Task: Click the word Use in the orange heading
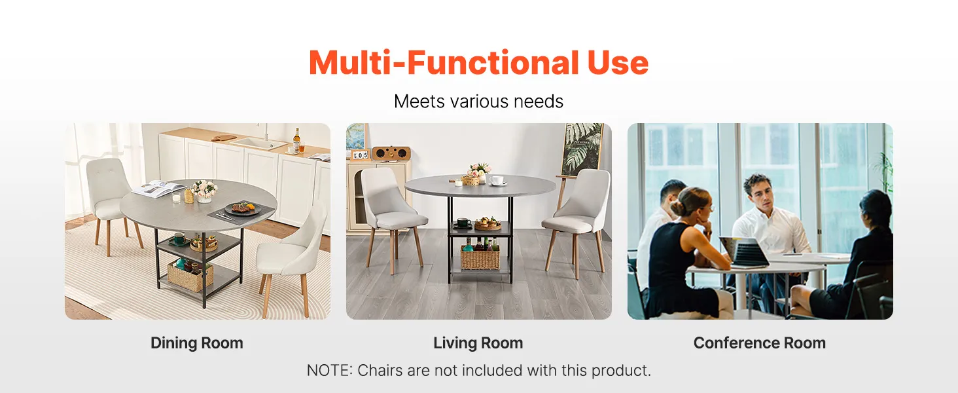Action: pyautogui.click(x=618, y=63)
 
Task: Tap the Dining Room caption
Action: pyautogui.click(x=197, y=343)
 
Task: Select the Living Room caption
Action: pyautogui.click(x=478, y=343)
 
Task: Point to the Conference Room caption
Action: pyautogui.click(x=760, y=343)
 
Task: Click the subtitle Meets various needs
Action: pyautogui.click(x=478, y=102)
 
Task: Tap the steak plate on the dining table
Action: pyautogui.click(x=243, y=208)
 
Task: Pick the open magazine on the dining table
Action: pyautogui.click(x=158, y=188)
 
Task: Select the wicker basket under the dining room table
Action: pyautogui.click(x=190, y=276)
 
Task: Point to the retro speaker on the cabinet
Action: pyautogui.click(x=391, y=153)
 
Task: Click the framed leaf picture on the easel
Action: pyautogui.click(x=582, y=149)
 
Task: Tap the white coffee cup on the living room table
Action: pyautogui.click(x=496, y=181)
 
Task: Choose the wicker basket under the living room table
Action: pyautogui.click(x=480, y=257)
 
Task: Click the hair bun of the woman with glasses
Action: pyautogui.click(x=676, y=208)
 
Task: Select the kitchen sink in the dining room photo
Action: pyautogui.click(x=259, y=142)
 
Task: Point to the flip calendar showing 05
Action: pyautogui.click(x=360, y=155)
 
